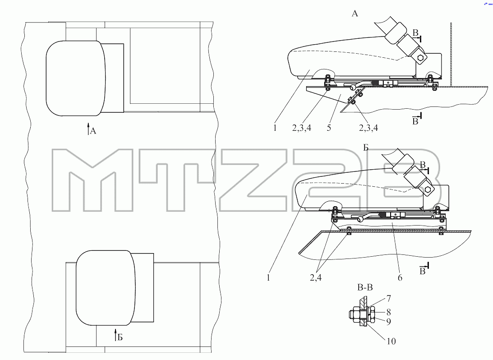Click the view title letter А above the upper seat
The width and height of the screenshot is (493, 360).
pos(355,14)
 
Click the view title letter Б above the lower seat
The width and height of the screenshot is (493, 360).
pos(366,148)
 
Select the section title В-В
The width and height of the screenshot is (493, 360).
pos(365,287)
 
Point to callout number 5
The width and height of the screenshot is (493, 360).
pos(329,128)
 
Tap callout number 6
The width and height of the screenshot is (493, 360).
pos(400,277)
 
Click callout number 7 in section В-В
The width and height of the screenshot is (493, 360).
pos(389,298)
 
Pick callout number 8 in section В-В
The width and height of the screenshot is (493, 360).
pos(389,312)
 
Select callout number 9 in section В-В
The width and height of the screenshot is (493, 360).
pos(389,322)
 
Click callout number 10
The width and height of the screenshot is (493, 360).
pos(391,341)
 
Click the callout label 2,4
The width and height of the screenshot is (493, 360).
pos(316,277)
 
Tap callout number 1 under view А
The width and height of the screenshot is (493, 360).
pos(275,128)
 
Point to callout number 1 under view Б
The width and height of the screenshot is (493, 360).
pos(268,277)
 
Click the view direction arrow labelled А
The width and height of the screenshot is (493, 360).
pos(88,129)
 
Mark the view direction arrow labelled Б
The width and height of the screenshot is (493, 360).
pos(115,335)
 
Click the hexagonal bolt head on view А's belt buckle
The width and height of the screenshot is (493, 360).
pos(421,58)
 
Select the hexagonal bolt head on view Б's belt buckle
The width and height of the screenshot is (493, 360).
pos(428,189)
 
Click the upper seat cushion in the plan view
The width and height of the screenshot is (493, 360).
pos(76,78)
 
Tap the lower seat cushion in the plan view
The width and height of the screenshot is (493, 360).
pos(106,288)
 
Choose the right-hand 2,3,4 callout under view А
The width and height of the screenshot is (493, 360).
pos(369,128)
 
